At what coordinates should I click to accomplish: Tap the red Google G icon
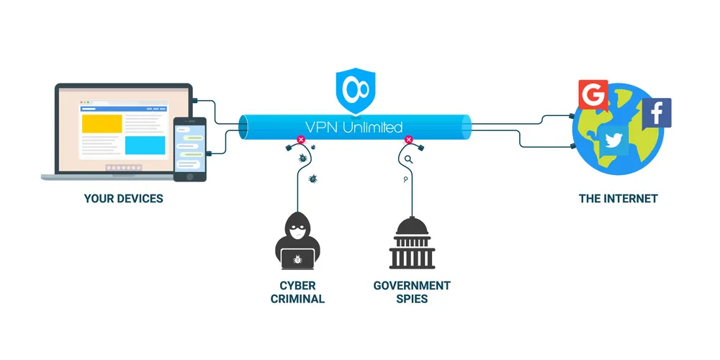point(593,94)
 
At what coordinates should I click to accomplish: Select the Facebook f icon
point(656,113)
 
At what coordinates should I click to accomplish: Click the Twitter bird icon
point(614,140)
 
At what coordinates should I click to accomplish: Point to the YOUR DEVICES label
point(123,198)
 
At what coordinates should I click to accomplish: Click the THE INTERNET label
point(618,198)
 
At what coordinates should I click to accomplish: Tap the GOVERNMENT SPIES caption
point(411,292)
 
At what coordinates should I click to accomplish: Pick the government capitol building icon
point(411,243)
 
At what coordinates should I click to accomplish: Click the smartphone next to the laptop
point(190,149)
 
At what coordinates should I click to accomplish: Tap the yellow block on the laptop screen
point(102,123)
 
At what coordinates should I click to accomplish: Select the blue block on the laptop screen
point(145,145)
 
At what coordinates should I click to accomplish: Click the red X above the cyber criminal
point(300,141)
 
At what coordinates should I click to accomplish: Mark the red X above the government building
point(409,141)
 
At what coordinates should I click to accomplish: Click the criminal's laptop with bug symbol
point(297,257)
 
